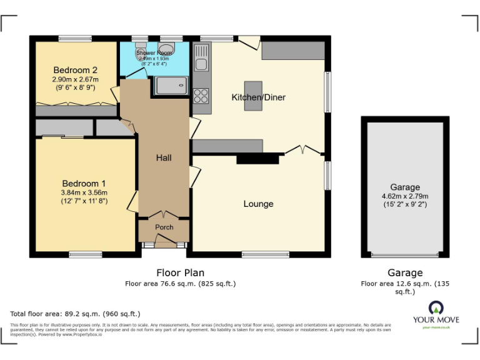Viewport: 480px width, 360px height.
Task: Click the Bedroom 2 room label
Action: tap(75, 69)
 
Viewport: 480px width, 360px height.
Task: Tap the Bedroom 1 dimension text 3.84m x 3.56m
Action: tap(84, 192)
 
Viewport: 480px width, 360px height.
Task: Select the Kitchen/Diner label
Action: tap(259, 97)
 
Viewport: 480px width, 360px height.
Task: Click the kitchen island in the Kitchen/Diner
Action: tap(253, 96)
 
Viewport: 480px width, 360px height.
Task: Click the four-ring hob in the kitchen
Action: tap(201, 96)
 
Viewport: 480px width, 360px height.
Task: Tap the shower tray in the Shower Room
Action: tap(171, 86)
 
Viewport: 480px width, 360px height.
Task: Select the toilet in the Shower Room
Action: tap(141, 51)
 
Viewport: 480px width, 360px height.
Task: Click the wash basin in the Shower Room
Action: tap(166, 49)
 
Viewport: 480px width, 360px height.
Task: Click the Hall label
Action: tap(164, 158)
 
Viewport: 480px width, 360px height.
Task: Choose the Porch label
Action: tap(164, 227)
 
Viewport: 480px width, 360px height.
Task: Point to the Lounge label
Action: tap(258, 204)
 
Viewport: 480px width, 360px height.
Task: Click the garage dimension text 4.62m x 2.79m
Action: tap(405, 196)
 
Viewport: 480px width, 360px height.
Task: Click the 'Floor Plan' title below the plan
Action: tap(180, 272)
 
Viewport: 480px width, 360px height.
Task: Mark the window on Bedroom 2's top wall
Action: tap(76, 39)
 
